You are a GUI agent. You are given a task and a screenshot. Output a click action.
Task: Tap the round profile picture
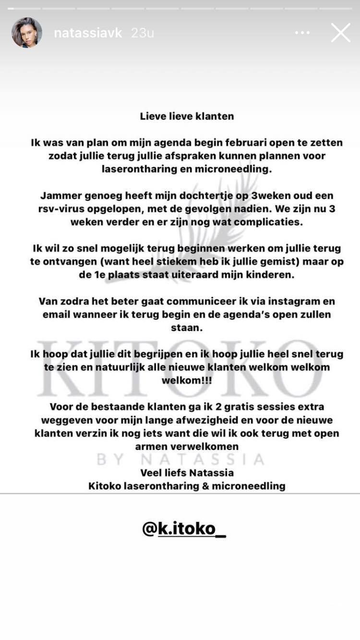tap(27, 33)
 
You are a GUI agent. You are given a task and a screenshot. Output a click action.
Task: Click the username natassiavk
tap(88, 33)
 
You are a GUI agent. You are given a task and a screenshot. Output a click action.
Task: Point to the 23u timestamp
tap(143, 33)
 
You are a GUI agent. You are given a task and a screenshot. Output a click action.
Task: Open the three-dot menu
tap(302, 33)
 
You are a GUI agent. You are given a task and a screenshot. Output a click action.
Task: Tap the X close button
tap(340, 33)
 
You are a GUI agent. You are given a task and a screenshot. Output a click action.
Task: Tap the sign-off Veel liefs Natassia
tap(187, 473)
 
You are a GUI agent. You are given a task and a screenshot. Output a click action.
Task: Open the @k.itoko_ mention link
tap(184, 528)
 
